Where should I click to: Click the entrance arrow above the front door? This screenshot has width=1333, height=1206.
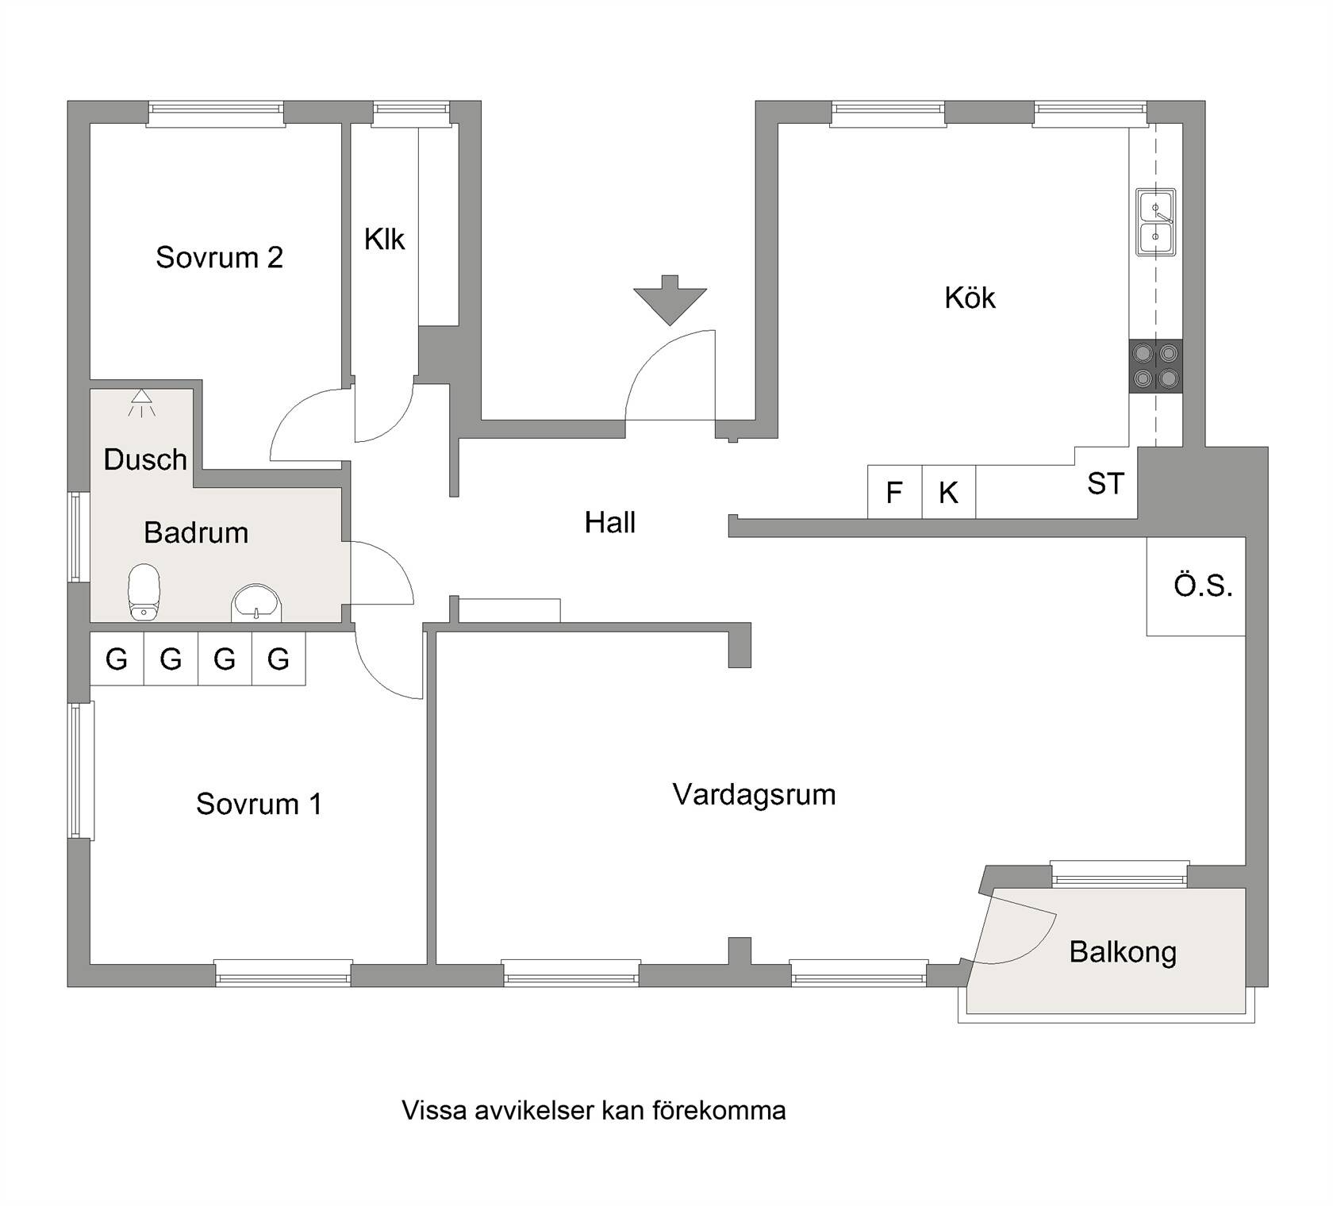[x=670, y=299]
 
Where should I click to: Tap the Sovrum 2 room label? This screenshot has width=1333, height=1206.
[x=219, y=257]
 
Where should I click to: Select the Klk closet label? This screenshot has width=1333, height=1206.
[x=384, y=239]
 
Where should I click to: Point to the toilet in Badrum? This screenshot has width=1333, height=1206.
[x=144, y=591]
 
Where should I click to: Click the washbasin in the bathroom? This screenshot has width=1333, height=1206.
[x=256, y=603]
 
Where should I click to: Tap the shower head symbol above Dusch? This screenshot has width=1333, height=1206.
[x=141, y=403]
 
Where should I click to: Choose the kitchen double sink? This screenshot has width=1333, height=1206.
[x=1156, y=222]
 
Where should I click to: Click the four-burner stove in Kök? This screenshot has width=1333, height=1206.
[x=1155, y=366]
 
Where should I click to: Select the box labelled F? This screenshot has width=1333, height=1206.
[x=894, y=492]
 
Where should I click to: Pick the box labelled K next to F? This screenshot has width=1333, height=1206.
[x=949, y=492]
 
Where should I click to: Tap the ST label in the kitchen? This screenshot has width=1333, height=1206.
[x=1105, y=483]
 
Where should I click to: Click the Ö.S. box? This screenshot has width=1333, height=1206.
[x=1196, y=586]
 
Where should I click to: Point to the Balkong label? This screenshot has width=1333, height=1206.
[x=1123, y=951]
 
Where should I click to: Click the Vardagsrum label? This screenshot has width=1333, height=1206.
[x=754, y=794]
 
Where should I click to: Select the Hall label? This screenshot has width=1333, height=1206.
[x=610, y=522]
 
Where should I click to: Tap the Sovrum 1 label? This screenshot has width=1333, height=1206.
[x=259, y=804]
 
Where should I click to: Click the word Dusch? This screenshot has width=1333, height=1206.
[x=145, y=459]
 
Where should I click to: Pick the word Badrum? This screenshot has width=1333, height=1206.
[x=196, y=532]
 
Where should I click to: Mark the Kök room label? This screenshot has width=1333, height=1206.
[x=970, y=298]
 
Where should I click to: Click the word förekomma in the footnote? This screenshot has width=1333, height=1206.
[x=719, y=1110]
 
